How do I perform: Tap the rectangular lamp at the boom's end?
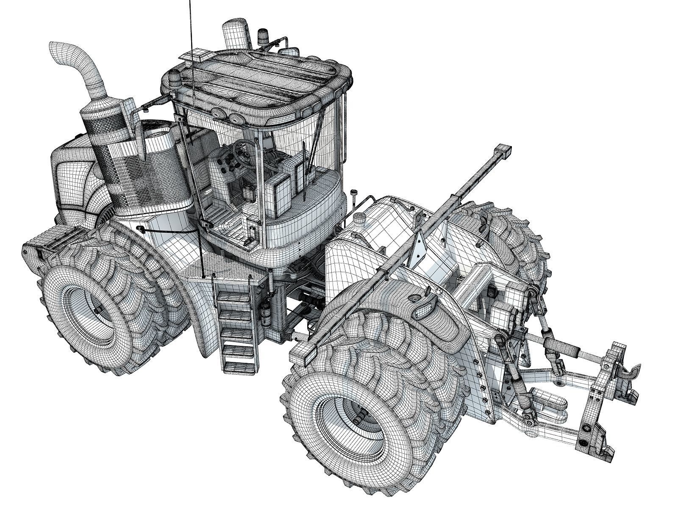(503, 151)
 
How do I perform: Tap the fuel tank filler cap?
(360, 219)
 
